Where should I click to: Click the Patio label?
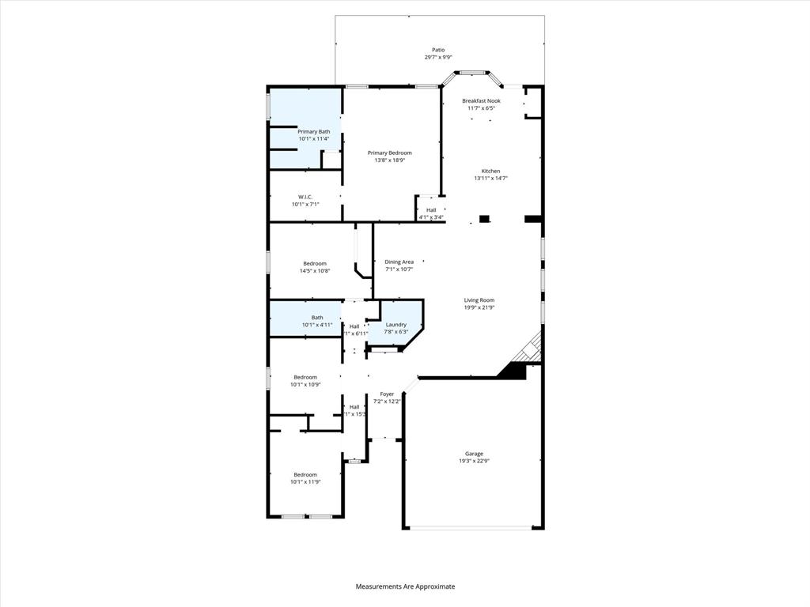[437, 50]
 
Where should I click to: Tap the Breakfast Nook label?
[481, 101]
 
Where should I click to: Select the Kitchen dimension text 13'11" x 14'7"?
[490, 179]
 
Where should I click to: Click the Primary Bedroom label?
[389, 153]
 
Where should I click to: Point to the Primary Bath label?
[313, 131]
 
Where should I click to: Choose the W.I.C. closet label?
[305, 197]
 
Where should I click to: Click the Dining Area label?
[399, 262]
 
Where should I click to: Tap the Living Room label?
[479, 300]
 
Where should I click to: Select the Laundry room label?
[396, 324]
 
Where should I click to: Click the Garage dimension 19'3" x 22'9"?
[474, 461]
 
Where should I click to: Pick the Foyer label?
[387, 394]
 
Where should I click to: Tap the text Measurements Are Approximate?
[405, 586]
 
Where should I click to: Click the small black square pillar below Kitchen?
[485, 219]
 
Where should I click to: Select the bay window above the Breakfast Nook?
[472, 74]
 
